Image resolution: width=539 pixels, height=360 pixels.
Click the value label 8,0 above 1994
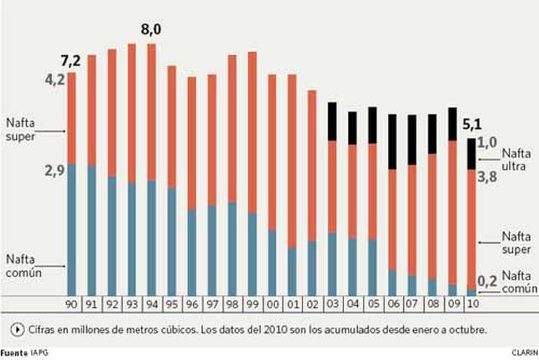click(152, 32)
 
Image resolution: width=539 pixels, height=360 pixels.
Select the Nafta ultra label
click(516, 159)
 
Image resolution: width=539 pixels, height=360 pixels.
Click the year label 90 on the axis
click(72, 303)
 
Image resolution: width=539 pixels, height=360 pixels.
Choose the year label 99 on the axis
click(253, 303)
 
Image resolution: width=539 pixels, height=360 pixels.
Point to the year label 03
click(333, 303)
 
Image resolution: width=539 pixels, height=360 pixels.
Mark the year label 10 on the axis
click(471, 303)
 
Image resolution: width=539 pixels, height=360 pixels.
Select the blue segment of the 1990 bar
click(72, 230)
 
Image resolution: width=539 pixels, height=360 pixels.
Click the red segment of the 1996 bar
click(192, 144)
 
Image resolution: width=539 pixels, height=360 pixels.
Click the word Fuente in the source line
click(14, 353)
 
